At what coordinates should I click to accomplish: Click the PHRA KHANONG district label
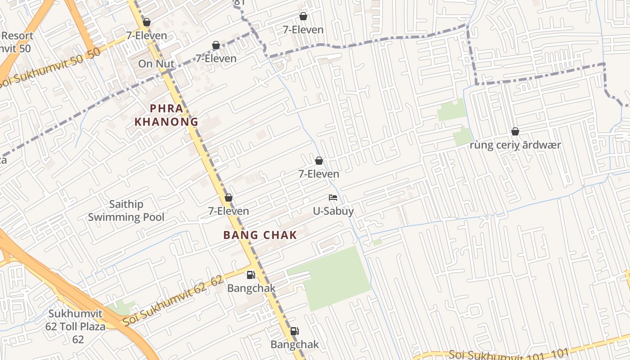pos(166,115)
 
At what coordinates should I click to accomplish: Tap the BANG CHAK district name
pos(260,235)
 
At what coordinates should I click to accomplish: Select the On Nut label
pos(156,64)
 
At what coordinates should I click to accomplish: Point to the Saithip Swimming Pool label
pos(126,211)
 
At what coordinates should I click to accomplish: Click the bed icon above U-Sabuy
pos(333,198)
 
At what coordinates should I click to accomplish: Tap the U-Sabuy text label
pos(333,211)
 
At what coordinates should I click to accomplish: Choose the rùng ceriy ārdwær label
pos(515,145)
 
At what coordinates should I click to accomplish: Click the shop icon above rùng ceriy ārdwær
pos(515,131)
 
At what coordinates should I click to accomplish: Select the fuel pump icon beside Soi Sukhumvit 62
pos(251,275)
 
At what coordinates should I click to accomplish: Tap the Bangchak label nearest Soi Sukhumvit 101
pos(294,345)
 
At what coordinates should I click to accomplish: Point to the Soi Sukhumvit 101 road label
pos(508,355)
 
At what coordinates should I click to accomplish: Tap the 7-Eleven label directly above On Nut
pos(146,36)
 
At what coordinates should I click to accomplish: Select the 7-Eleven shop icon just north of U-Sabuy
pos(319,161)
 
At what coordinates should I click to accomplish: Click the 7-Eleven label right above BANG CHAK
pos(229,211)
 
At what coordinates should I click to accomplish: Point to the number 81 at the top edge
pos(240,3)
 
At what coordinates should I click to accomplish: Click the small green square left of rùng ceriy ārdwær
pos(462,136)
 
